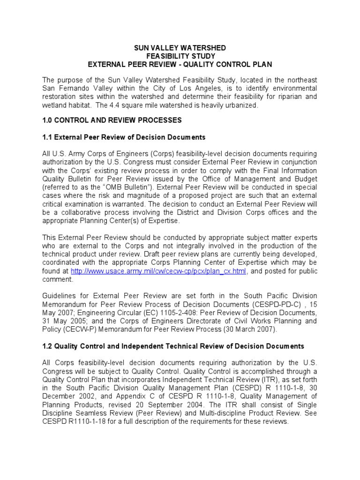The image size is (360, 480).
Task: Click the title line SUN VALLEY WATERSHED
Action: [180, 48]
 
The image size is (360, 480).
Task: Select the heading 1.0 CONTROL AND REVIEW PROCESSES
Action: [112, 120]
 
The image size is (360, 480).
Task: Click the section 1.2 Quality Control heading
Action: [173, 346]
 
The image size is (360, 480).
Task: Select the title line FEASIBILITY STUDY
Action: [180, 56]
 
